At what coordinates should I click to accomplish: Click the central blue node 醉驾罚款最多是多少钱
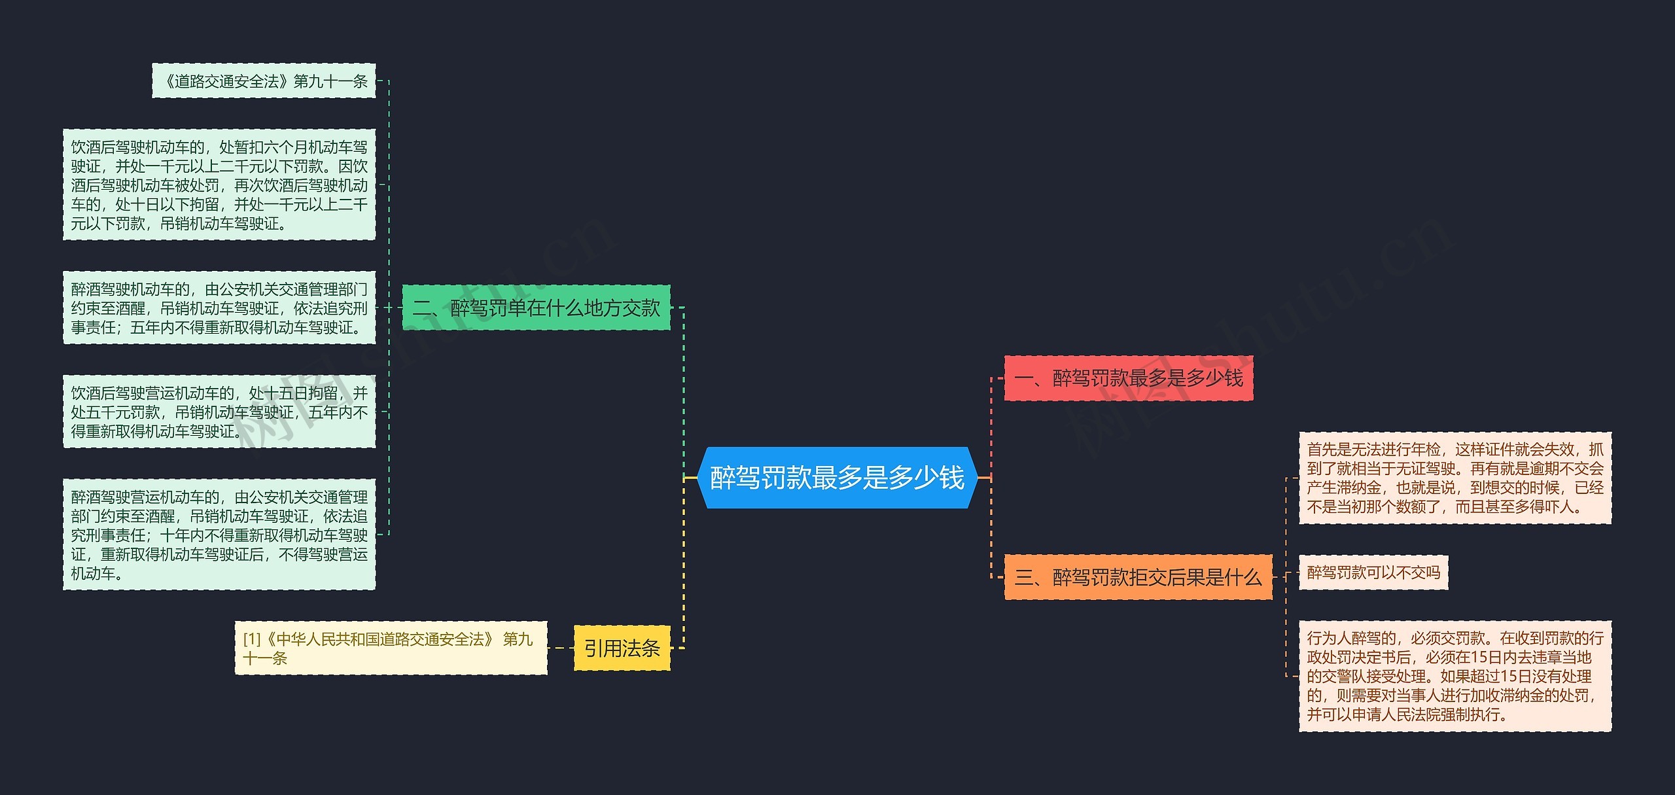pos(837,478)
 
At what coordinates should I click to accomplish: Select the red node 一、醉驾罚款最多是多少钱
pos(1128,378)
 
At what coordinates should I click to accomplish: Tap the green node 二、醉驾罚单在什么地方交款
pos(536,308)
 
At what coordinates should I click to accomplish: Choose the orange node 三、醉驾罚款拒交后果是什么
pos(1138,577)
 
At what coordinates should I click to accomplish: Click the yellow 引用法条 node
pos(622,648)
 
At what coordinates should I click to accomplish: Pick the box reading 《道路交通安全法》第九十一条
pos(264,81)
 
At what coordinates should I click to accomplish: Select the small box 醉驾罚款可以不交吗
pos(1373,573)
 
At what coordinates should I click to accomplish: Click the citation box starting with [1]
pos(391,648)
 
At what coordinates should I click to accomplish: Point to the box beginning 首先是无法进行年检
pos(1455,478)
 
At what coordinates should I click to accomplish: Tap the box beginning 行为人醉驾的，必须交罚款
pos(1455,676)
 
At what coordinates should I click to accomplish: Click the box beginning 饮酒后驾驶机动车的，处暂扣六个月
pos(219,185)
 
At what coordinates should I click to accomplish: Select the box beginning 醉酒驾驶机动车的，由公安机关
pos(219,308)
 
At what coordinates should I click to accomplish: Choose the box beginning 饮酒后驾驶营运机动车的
pos(219,412)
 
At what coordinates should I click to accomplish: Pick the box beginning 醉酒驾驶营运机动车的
pos(219,535)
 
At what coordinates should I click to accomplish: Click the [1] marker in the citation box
pos(252,639)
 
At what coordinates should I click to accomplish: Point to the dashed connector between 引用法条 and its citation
pos(561,648)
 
